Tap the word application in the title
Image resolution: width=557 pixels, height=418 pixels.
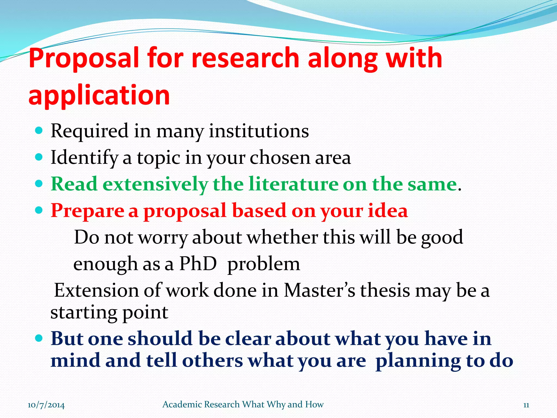pos(99,95)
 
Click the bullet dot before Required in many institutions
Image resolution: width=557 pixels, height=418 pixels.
pos(39,131)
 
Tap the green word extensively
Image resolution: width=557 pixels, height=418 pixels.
pos(155,185)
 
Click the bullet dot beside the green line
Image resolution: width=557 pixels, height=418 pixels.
pos(39,184)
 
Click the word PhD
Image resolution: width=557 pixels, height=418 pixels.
pos(198,264)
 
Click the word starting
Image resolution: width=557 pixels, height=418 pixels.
pos(84,313)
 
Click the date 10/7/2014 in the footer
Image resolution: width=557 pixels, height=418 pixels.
pos(46,405)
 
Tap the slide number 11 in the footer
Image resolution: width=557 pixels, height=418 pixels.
pos(526,405)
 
